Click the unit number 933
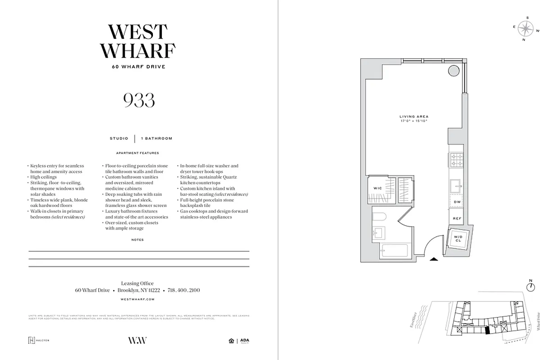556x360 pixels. tap(139, 100)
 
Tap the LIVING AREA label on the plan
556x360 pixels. tap(414, 117)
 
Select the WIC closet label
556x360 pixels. tap(377, 188)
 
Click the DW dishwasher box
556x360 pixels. tap(457, 202)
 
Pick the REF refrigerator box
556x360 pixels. tap(457, 218)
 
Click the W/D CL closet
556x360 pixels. tap(458, 239)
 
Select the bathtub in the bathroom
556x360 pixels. tap(394, 251)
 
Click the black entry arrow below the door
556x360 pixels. tap(434, 259)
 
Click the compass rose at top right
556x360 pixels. tap(525, 29)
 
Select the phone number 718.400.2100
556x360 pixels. tap(184, 290)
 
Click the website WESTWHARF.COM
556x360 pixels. tap(138, 299)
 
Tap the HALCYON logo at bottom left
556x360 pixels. tap(39, 340)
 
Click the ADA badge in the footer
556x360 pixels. tap(244, 341)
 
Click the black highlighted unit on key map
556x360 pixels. tap(487, 330)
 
